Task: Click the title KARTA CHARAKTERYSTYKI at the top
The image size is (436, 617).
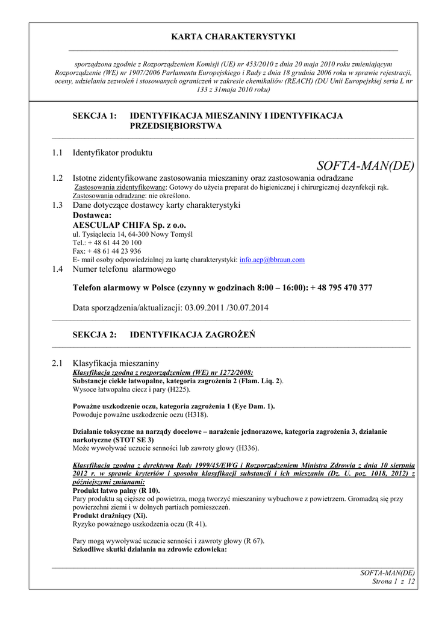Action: click(x=234, y=37)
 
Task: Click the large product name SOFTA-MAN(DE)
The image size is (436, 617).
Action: click(x=365, y=166)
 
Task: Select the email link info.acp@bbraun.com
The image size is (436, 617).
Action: click(x=272, y=260)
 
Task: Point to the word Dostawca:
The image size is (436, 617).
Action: click(x=92, y=215)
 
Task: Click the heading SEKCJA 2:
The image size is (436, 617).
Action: click(x=95, y=334)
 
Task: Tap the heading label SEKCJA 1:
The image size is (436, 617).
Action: click(x=95, y=116)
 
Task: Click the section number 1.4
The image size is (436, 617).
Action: click(x=58, y=269)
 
